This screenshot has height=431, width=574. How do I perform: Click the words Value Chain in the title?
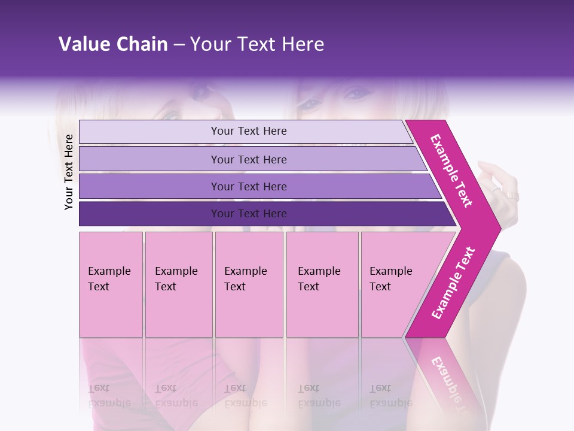pos(113,44)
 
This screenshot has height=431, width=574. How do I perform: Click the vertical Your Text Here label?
pos(69,172)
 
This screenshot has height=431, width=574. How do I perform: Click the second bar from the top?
pos(248,159)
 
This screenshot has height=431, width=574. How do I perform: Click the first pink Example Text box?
pos(111,284)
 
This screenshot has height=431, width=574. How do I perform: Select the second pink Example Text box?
pos(179,284)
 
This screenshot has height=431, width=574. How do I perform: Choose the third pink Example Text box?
pos(249,284)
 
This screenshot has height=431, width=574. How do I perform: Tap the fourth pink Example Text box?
pos(322,284)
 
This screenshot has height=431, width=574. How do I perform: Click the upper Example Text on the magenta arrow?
pos(451,171)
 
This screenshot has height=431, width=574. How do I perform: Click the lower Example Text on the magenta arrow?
pos(453,283)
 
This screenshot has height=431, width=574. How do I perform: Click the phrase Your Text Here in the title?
pos(257,44)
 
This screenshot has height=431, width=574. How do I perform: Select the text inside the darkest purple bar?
pos(249,214)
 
